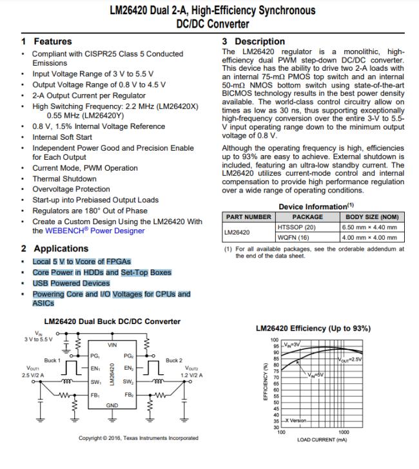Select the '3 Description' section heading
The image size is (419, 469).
[x=253, y=41]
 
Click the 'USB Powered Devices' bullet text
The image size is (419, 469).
[x=71, y=283]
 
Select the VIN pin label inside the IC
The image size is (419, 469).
[x=112, y=346]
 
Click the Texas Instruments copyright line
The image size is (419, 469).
[x=138, y=438]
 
